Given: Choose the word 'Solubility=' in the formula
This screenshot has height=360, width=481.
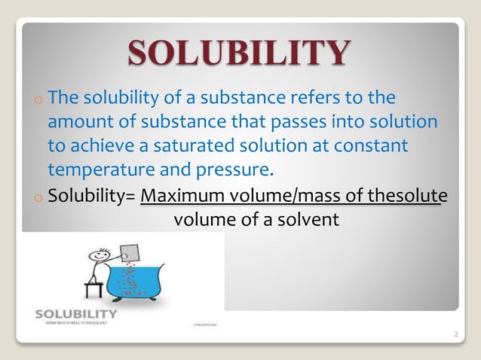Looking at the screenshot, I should coord(91,197).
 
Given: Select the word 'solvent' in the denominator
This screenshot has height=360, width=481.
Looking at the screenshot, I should coord(306,220).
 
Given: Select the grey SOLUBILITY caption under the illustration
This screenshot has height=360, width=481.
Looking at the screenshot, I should coord(76,313).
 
